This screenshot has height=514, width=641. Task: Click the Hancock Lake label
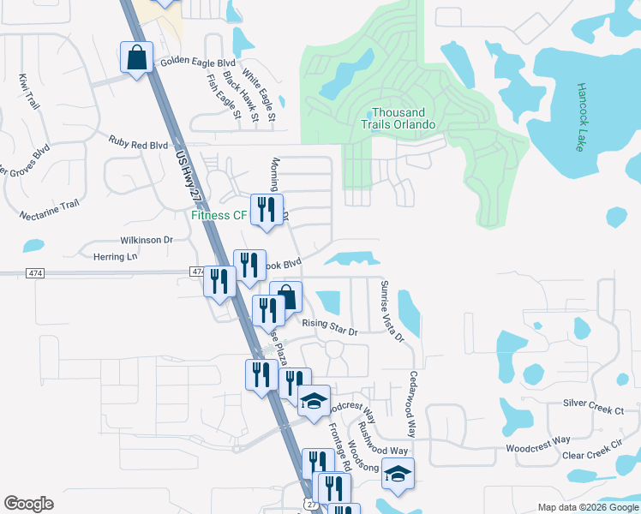(579, 117)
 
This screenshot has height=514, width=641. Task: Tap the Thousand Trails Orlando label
(398, 118)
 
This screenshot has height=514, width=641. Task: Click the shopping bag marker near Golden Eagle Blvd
(136, 57)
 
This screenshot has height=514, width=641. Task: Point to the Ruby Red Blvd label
(138, 145)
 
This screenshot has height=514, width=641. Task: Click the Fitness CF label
(219, 215)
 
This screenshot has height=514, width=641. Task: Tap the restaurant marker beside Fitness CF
(266, 210)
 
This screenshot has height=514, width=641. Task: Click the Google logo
(28, 504)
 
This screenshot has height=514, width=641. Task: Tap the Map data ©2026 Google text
(587, 507)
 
